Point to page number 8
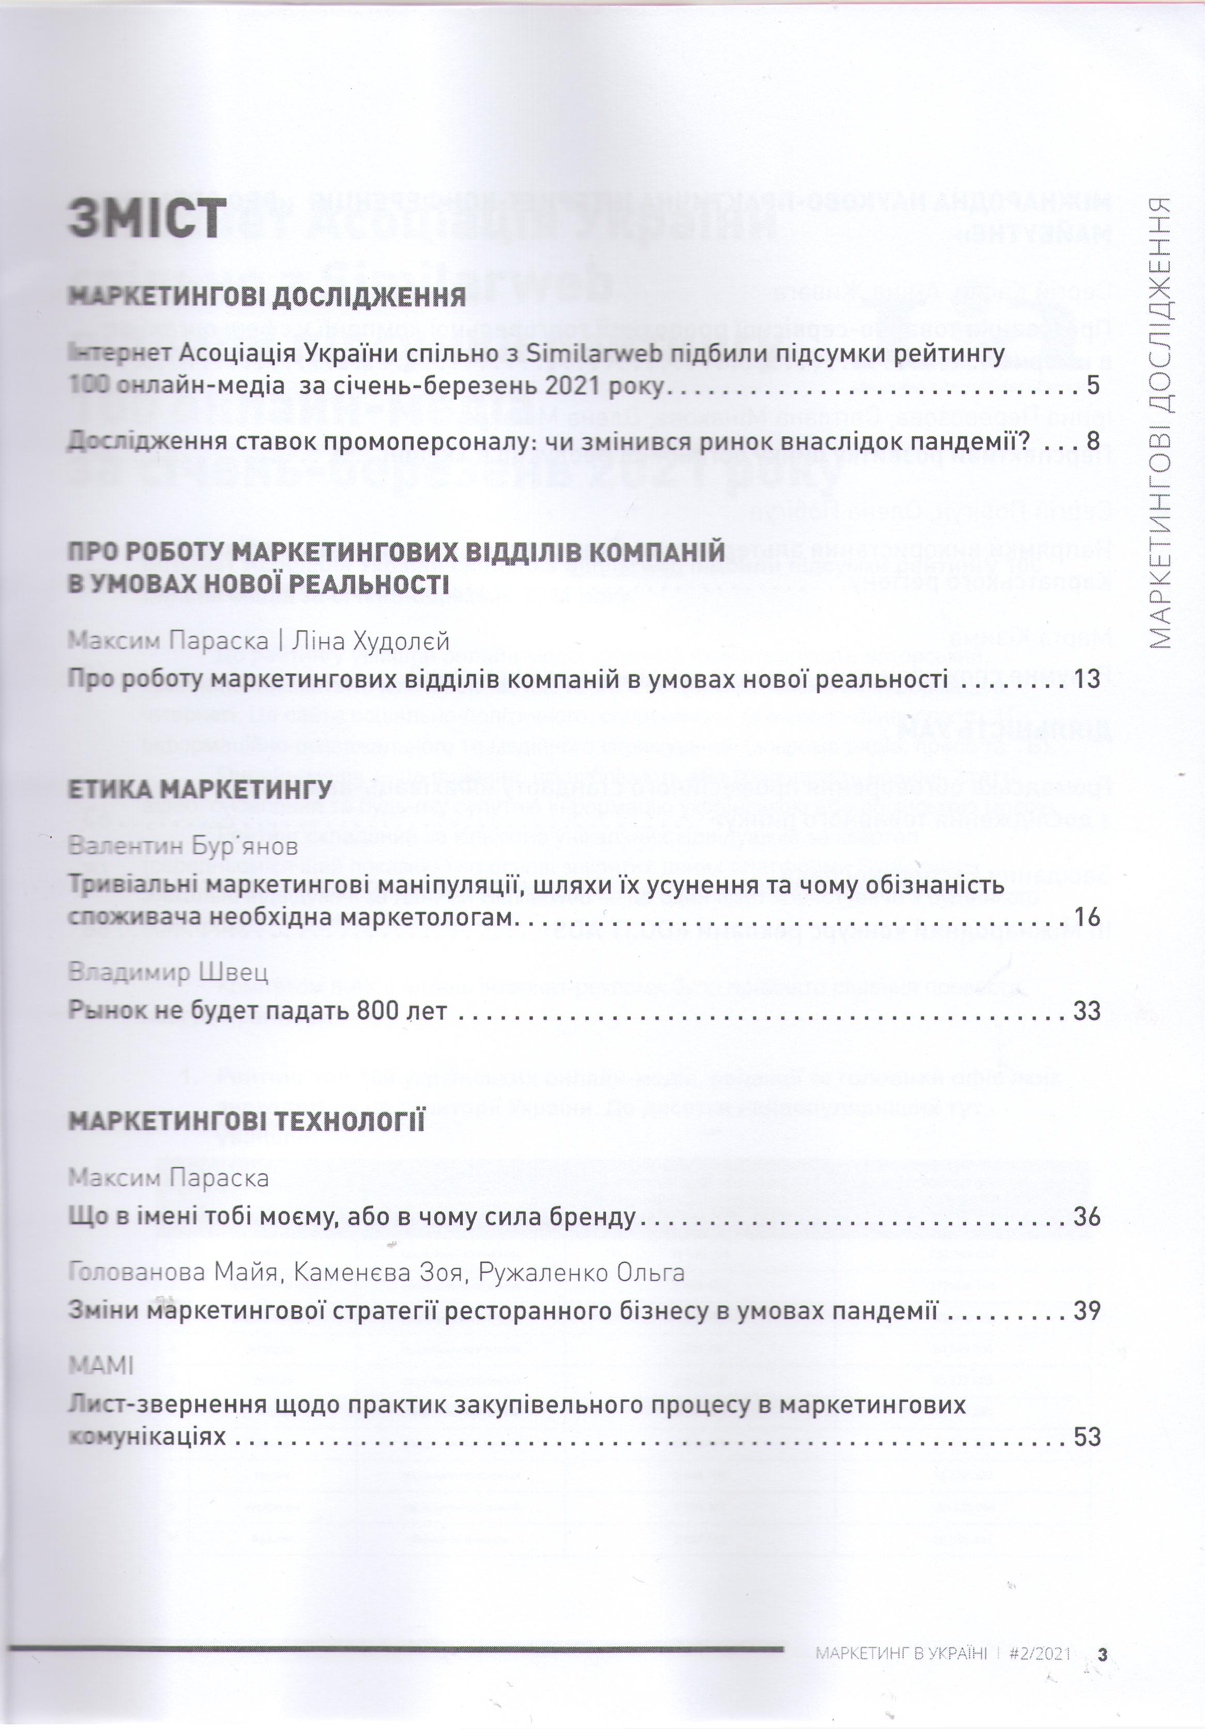1093,441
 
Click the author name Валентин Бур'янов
183,846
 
